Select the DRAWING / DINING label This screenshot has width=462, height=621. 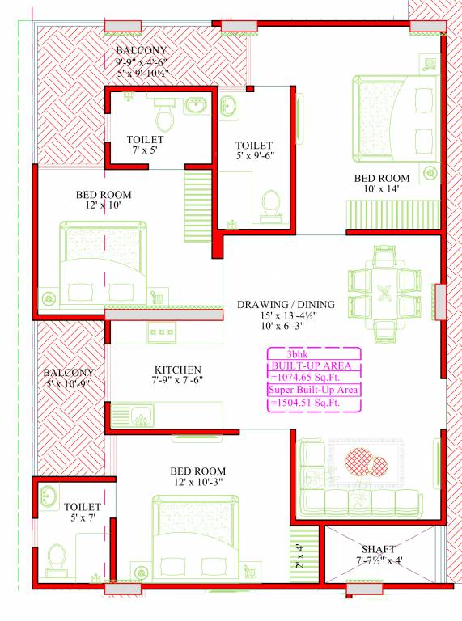coord(278,305)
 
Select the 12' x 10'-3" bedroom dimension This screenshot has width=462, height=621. coord(197,483)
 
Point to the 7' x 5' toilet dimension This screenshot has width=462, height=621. coord(145,150)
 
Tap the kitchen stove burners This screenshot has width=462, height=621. coord(161,332)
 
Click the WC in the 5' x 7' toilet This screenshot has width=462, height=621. coord(56,559)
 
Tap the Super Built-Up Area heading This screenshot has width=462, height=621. coord(315,390)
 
